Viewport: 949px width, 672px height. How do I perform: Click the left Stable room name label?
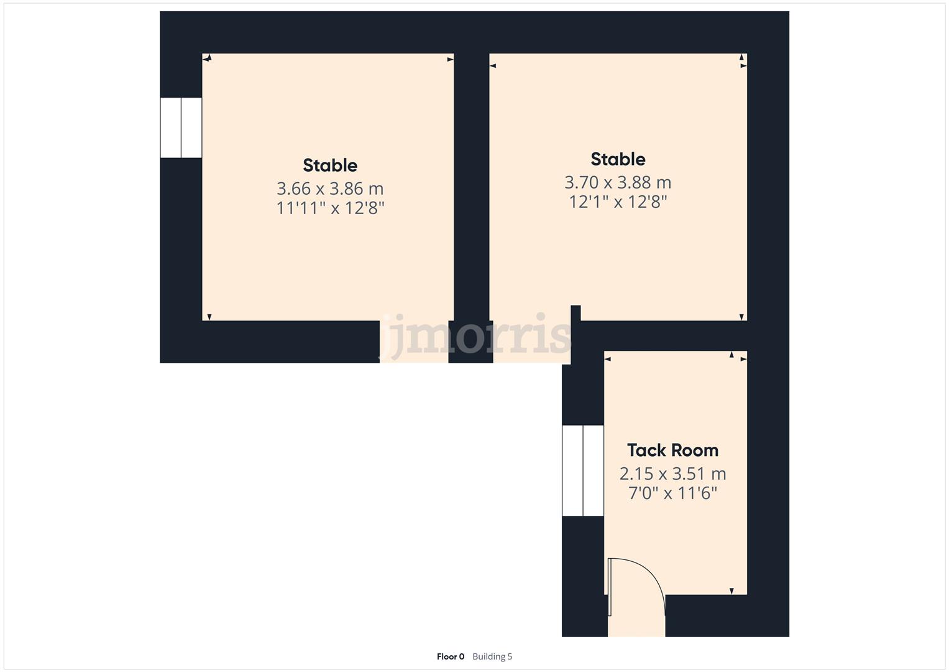[330, 166]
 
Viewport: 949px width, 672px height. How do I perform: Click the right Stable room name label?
[618, 159]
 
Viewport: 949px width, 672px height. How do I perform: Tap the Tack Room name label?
[672, 450]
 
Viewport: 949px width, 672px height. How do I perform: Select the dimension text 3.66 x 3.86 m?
[330, 189]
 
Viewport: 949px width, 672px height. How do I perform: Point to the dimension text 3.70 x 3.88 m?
[618, 182]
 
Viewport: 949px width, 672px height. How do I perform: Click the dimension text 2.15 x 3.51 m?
[672, 474]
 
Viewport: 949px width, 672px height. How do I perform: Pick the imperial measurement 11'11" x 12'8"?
[330, 208]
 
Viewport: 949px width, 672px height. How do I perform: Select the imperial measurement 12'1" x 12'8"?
[618, 202]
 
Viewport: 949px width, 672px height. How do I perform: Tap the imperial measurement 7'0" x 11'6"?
[672, 493]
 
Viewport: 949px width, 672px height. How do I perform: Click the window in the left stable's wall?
[181, 128]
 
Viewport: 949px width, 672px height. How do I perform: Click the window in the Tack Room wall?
[583, 471]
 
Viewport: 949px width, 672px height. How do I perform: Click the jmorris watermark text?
[475, 336]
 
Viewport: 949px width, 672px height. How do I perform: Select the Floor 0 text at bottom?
[450, 656]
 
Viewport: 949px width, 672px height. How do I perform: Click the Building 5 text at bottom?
[492, 656]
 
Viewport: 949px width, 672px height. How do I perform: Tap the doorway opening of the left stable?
[414, 342]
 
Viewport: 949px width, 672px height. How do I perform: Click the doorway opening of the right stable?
[532, 342]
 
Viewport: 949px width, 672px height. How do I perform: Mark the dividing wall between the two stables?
[471, 187]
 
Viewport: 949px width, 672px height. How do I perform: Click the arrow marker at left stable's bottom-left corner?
[209, 317]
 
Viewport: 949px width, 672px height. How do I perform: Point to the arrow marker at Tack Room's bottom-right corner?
[731, 591]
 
